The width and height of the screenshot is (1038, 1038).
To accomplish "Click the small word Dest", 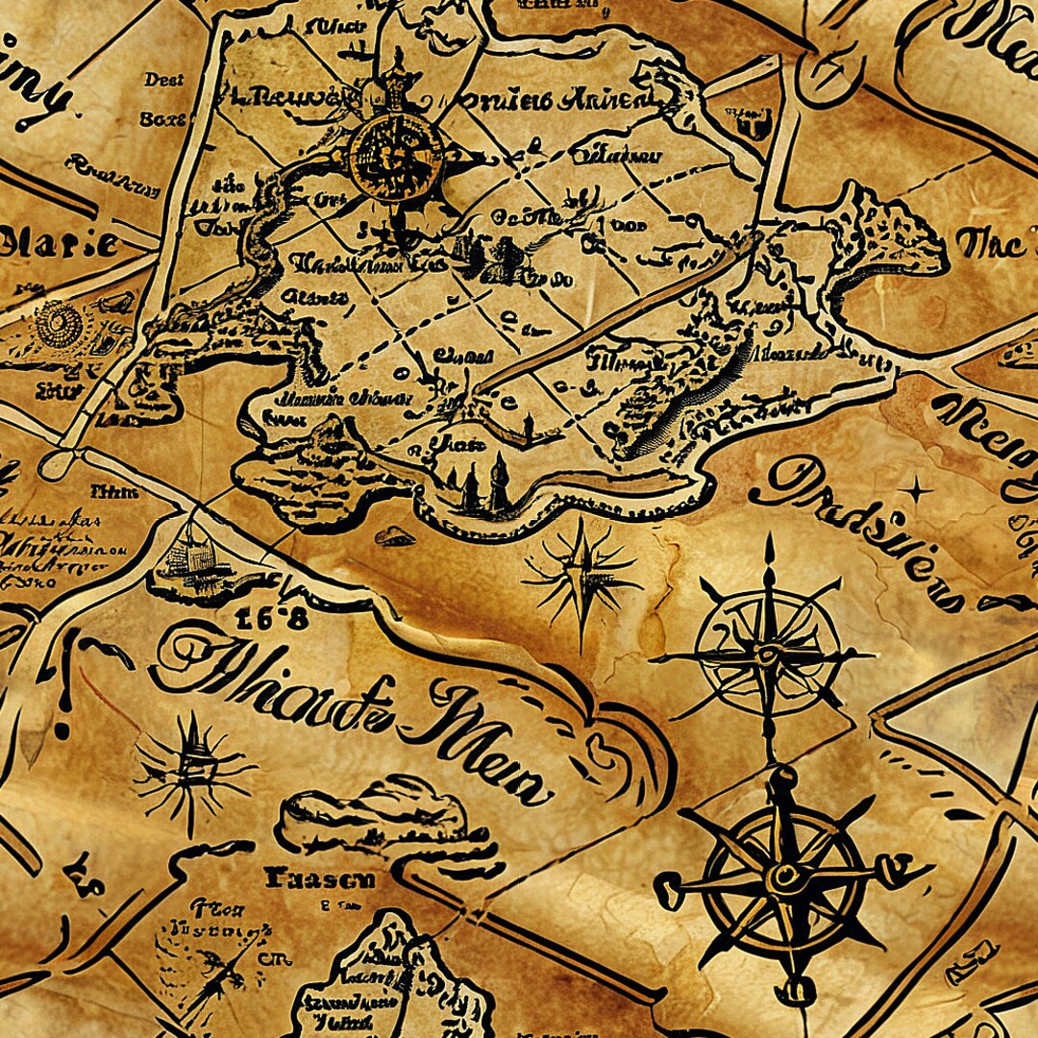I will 163,80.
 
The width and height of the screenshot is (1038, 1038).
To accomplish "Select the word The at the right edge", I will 990,244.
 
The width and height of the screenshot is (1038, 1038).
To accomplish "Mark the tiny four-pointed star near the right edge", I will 919,492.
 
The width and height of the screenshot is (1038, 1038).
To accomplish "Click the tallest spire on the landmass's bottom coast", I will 499,481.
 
